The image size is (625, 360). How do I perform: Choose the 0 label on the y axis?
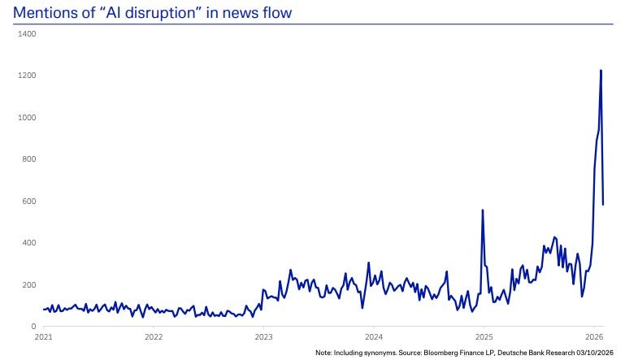[x=33, y=327]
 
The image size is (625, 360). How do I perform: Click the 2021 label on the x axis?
[x=44, y=335]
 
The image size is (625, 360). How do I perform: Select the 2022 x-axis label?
[x=154, y=335]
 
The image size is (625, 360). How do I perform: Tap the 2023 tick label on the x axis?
[x=263, y=335]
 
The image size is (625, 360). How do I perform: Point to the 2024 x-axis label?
[x=374, y=335]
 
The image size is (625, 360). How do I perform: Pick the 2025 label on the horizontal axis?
[x=484, y=335]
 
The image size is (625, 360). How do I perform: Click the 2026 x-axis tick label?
[x=593, y=335]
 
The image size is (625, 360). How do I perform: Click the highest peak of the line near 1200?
[x=601, y=71]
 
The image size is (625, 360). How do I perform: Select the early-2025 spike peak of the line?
[x=483, y=210]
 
